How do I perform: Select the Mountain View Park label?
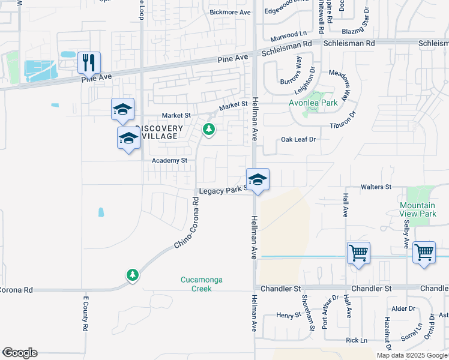click(x=418, y=209)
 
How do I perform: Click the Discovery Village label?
click(x=158, y=132)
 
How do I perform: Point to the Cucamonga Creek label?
click(x=197, y=284)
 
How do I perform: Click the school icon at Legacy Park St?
click(x=258, y=179)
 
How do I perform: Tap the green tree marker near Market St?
click(x=209, y=129)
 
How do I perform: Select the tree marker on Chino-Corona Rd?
click(x=132, y=275)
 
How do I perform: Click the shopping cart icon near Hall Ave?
click(x=358, y=253)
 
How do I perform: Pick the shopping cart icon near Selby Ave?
click(x=424, y=253)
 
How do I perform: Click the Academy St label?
click(x=170, y=161)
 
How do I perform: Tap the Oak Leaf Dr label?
click(x=298, y=139)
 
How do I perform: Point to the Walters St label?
click(x=376, y=187)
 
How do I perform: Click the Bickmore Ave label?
click(x=230, y=12)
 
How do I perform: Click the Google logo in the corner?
click(x=19, y=353)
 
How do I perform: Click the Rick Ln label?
click(x=357, y=340)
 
